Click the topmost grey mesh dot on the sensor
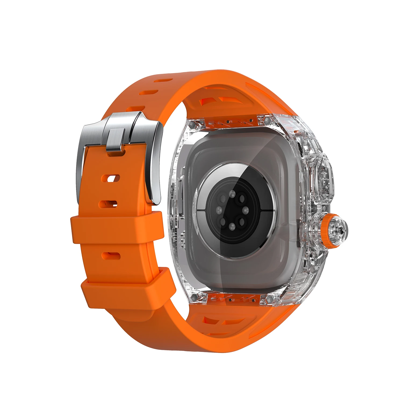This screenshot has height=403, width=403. (232, 194)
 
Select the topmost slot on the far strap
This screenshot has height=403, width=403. (164, 80)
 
